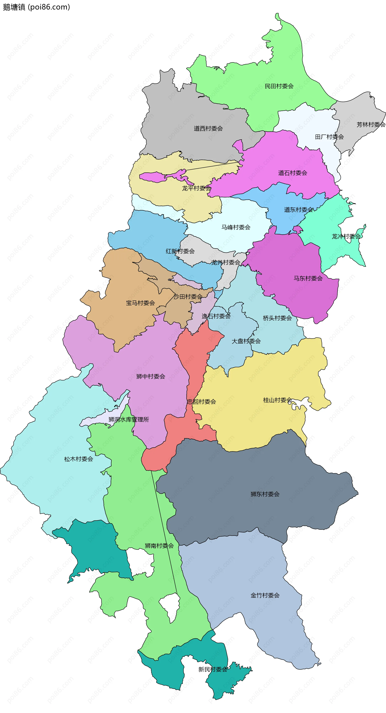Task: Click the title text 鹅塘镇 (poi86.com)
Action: tap(36, 7)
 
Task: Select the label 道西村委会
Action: tap(208, 129)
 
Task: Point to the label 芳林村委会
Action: tap(371, 124)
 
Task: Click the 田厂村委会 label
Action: tap(329, 137)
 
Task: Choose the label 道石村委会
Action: tap(293, 173)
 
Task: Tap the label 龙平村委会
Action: tap(196, 188)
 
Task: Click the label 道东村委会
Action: tap(298, 210)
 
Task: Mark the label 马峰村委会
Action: tap(236, 227)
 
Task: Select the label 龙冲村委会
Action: tap(346, 236)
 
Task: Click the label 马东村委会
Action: tap(308, 278)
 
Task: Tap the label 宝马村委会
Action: tap(140, 303)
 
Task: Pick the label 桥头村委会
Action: tap(277, 318)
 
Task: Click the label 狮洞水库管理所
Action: tap(129, 419)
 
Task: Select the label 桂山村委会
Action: tap(277, 400)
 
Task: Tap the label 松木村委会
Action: tap(79, 459)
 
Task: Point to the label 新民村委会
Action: tap(213, 669)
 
